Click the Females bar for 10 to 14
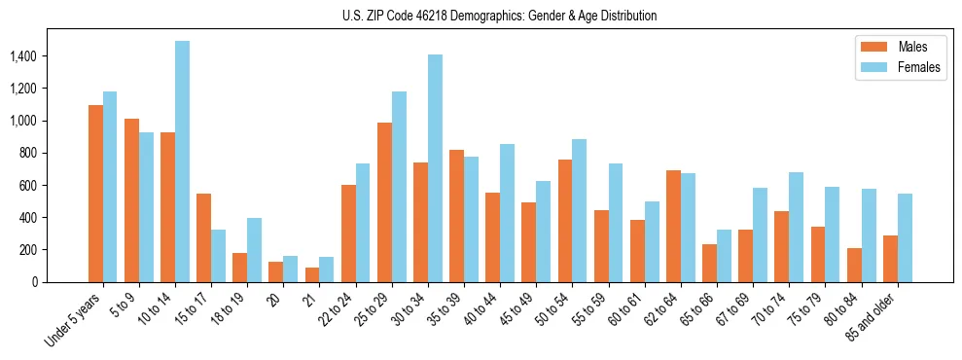(183, 162)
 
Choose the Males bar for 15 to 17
(204, 237)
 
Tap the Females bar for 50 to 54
(580, 210)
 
